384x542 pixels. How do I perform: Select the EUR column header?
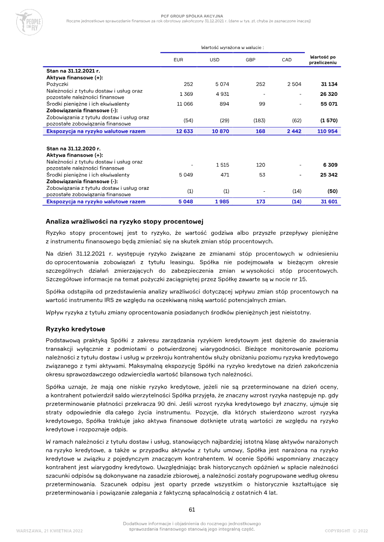(178, 60)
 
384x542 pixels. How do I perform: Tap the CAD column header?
(287, 60)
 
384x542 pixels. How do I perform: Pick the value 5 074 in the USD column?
(222, 84)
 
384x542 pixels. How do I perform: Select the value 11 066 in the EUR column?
(184, 104)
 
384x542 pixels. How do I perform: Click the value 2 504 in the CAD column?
(294, 84)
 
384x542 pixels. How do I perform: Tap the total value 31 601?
(329, 202)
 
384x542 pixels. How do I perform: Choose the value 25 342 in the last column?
(329, 175)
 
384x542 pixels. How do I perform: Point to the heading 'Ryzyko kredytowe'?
(75, 329)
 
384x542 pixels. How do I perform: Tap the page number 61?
(192, 509)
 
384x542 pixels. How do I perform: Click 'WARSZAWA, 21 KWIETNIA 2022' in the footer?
(49, 531)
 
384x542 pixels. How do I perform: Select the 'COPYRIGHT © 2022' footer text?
(346, 531)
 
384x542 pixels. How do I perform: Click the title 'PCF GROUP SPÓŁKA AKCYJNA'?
(192, 16)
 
